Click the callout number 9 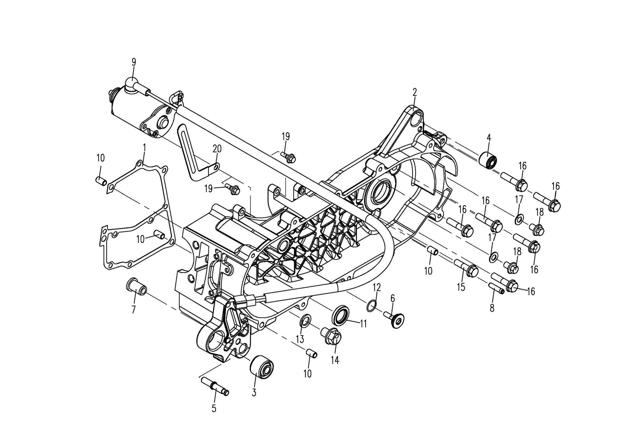pos(134,62)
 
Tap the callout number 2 pos(415,92)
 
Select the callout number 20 pos(217,149)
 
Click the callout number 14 pos(335,360)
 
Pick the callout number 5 pos(214,409)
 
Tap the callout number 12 pos(376,288)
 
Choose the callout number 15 pos(461,287)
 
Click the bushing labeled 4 pos(488,161)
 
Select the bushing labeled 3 pos(262,368)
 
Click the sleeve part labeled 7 pos(137,286)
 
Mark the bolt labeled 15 pos(466,267)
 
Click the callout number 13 pos(300,339)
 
